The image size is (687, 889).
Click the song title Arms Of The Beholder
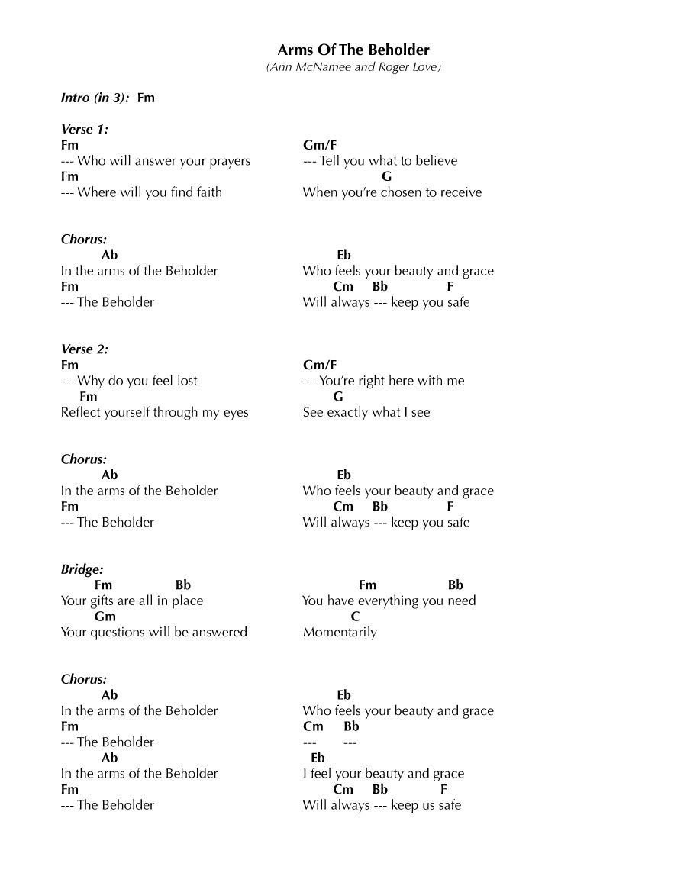pyautogui.click(x=353, y=50)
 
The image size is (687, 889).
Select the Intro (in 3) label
pyautogui.click(x=95, y=98)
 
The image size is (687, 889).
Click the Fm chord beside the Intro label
pyautogui.click(x=146, y=98)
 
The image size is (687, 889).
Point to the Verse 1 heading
pyautogui.click(x=84, y=129)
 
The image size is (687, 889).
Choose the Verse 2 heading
pyautogui.click(x=84, y=349)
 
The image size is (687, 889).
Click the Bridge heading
pyautogui.click(x=82, y=569)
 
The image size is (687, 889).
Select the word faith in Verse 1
pyautogui.click(x=208, y=192)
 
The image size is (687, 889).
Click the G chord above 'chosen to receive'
pyautogui.click(x=386, y=176)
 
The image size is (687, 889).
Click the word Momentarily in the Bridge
pyautogui.click(x=340, y=632)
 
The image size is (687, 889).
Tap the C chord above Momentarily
pyautogui.click(x=355, y=617)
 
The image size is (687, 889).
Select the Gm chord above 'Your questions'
pyautogui.click(x=105, y=617)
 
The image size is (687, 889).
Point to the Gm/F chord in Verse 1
pyautogui.click(x=319, y=145)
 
